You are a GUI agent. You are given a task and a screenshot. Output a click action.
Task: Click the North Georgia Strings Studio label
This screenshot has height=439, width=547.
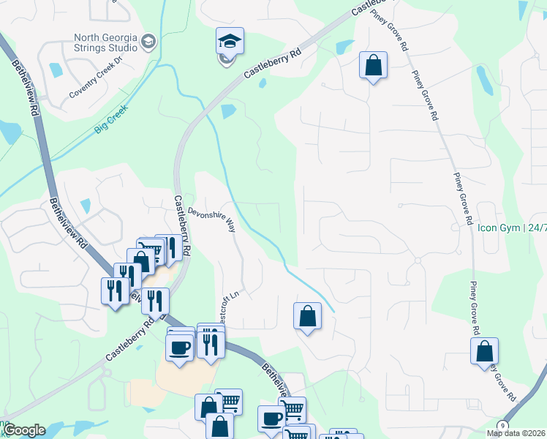105,42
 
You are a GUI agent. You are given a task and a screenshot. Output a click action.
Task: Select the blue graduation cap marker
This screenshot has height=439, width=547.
230,42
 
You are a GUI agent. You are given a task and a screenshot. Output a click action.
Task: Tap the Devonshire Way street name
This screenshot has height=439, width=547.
212,219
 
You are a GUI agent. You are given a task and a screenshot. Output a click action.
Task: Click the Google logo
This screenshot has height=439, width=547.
24,430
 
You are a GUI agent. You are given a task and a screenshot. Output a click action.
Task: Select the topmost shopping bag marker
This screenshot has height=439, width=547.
373,65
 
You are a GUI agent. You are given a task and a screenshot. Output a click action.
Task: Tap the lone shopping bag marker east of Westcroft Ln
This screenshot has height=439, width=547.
308,316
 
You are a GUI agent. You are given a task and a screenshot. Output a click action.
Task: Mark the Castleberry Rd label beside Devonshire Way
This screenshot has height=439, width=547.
182,224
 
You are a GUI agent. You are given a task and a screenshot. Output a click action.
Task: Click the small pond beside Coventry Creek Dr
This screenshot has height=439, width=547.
56,70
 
